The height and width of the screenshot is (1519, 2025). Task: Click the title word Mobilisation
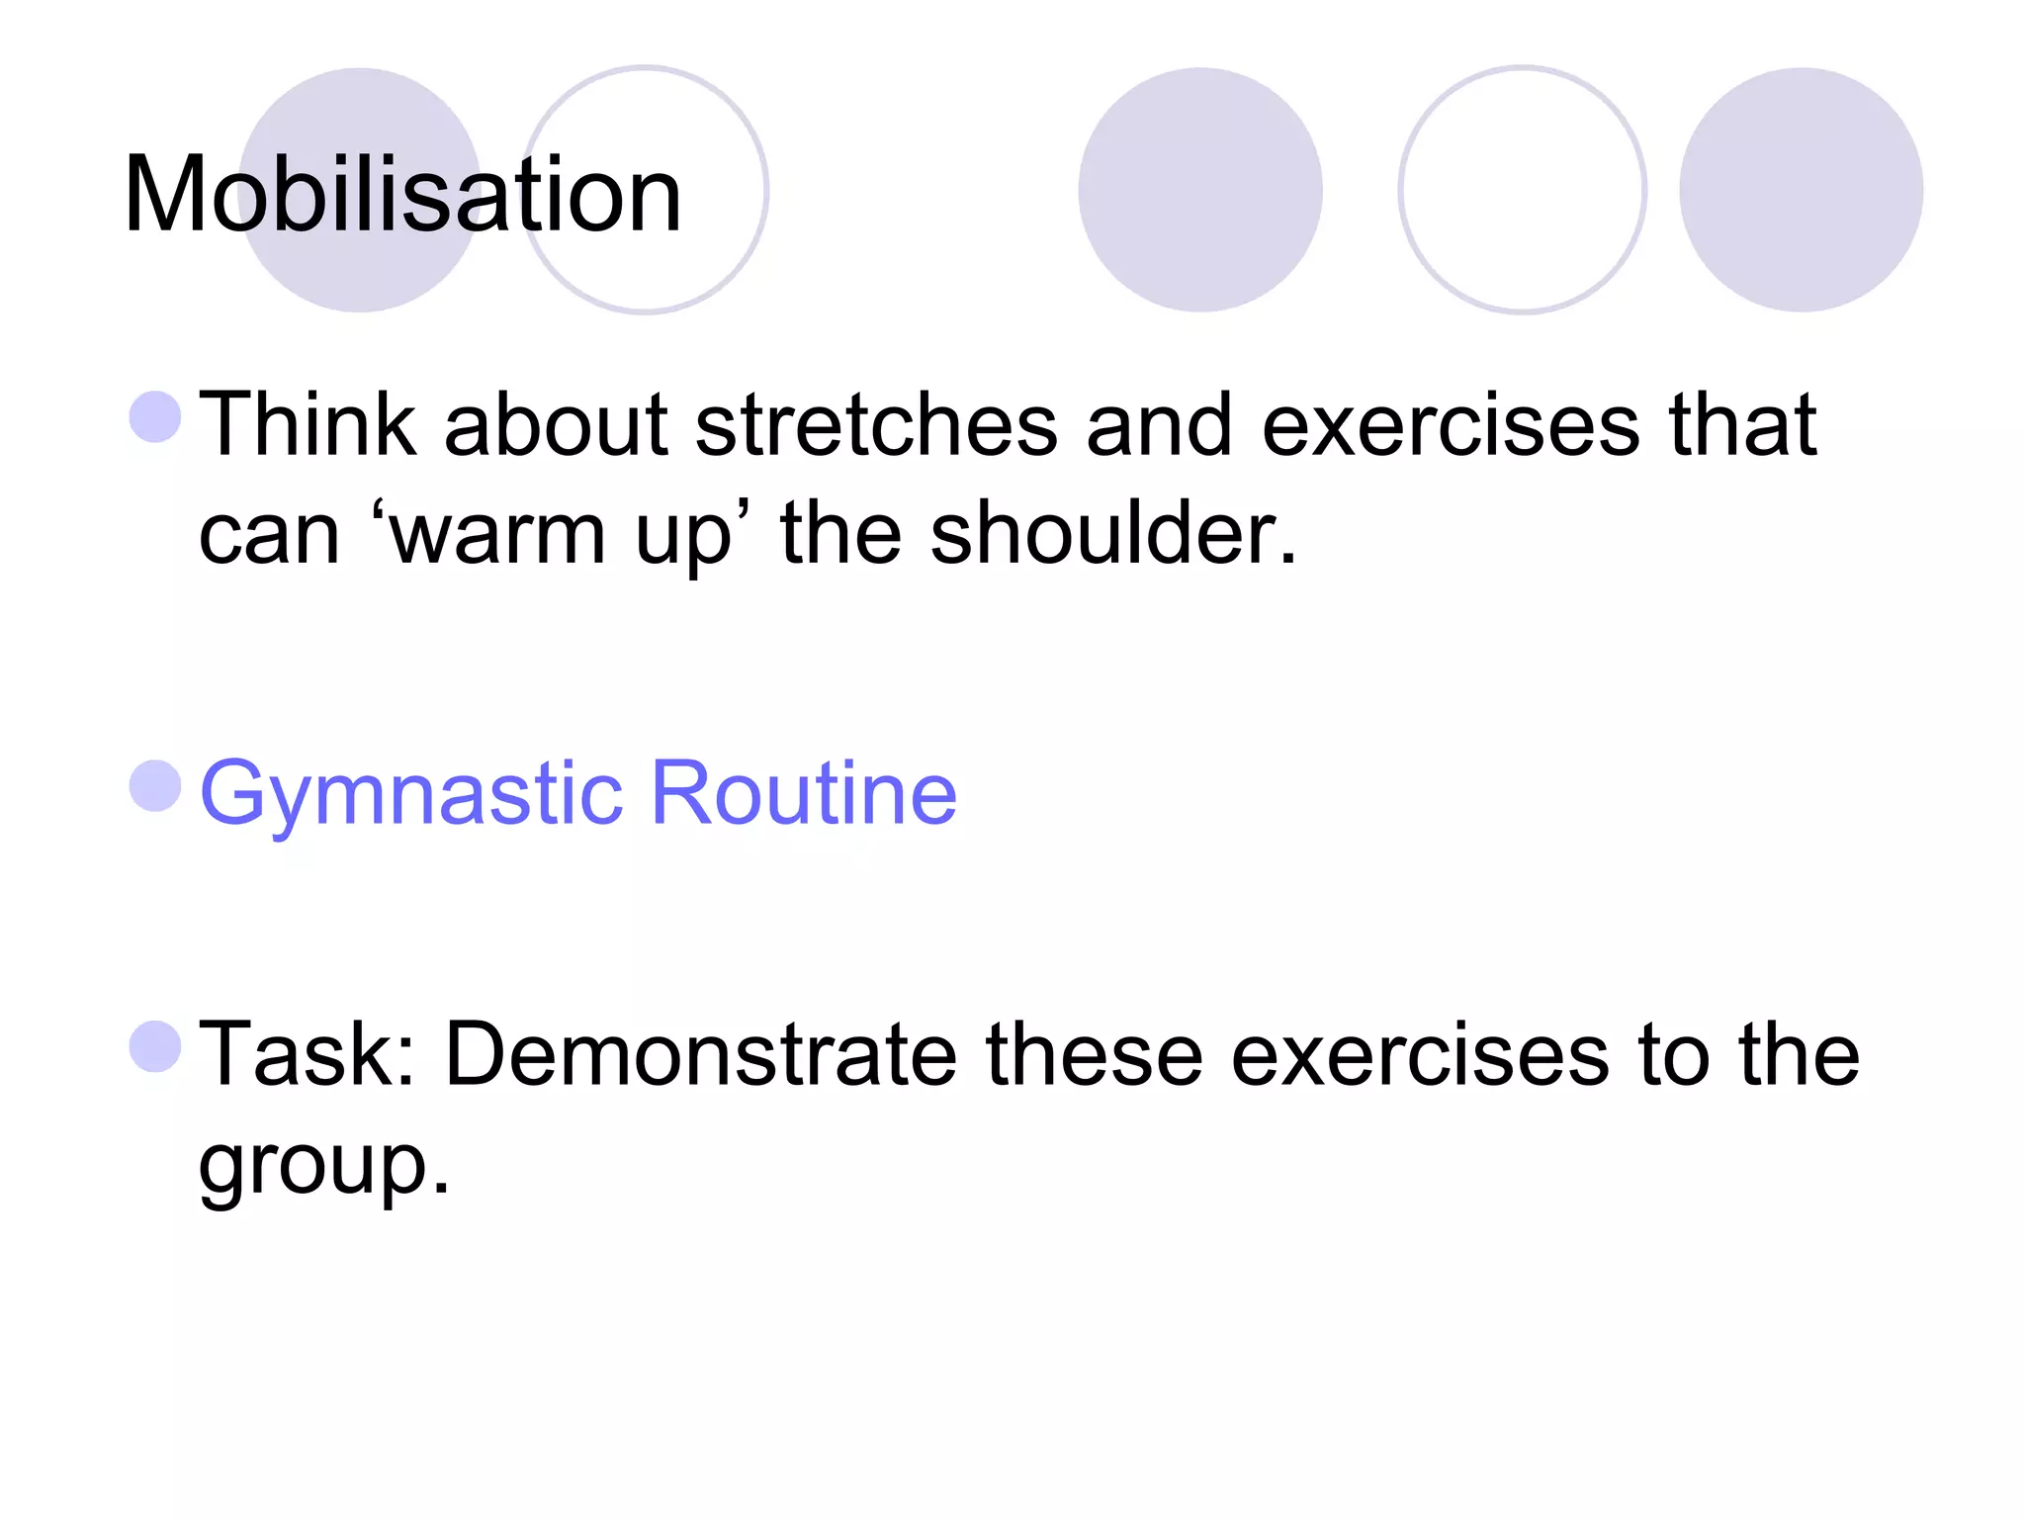(x=402, y=195)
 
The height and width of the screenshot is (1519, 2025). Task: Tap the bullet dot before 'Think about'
(x=155, y=416)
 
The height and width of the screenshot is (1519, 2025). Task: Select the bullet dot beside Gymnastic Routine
(x=155, y=786)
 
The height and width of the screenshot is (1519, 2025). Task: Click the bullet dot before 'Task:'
(x=155, y=1046)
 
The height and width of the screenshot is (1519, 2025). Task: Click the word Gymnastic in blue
(x=411, y=794)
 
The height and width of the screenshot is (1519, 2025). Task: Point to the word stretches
(x=876, y=425)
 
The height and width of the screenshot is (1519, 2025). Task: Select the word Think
(x=308, y=424)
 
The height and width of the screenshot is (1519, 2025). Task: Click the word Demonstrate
(x=700, y=1055)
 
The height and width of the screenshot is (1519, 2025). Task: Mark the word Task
(x=296, y=1055)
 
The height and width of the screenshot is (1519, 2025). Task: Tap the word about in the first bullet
(x=556, y=425)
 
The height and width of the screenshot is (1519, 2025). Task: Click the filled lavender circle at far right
(x=1801, y=190)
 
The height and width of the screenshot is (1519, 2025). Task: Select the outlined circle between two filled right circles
(x=1522, y=190)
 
